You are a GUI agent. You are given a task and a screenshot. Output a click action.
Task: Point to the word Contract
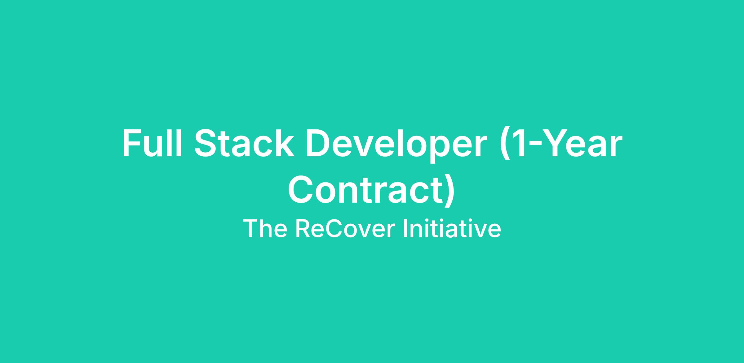click(x=365, y=189)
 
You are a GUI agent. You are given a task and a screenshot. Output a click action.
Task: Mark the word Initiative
click(x=452, y=229)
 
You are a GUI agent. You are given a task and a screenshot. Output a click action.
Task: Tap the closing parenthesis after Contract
click(x=449, y=191)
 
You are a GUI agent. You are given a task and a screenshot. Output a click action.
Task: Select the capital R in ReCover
click(x=303, y=229)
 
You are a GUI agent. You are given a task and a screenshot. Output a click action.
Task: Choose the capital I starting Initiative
click(x=405, y=229)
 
